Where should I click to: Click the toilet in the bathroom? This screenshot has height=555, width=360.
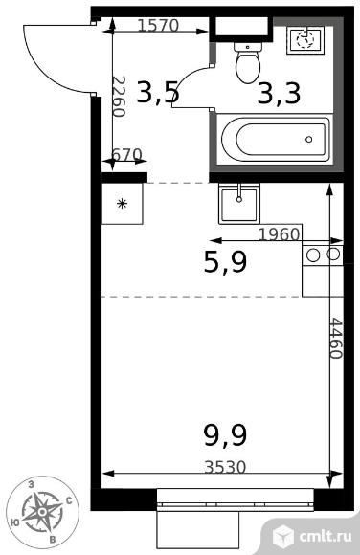click(248, 62)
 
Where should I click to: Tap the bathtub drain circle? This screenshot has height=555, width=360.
click(309, 139)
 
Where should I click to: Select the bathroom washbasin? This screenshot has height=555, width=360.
click(305, 40)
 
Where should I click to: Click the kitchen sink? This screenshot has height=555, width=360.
click(239, 205)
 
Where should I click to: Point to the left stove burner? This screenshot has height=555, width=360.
click(313, 255)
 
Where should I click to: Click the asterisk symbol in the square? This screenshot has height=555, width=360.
click(123, 204)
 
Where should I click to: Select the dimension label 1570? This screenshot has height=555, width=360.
click(158, 26)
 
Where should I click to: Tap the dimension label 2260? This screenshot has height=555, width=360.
click(119, 97)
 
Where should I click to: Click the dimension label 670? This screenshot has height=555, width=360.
click(126, 154)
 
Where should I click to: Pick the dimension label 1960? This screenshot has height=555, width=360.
click(280, 234)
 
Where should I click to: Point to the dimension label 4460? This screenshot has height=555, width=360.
click(335, 339)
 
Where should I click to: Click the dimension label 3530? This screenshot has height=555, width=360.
click(225, 467)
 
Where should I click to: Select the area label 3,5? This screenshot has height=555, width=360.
click(158, 93)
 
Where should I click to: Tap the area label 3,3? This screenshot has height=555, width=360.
click(280, 94)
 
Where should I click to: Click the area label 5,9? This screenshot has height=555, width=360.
click(225, 262)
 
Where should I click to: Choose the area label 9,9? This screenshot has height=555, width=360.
click(225, 435)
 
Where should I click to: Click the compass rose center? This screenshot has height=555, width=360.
click(42, 512)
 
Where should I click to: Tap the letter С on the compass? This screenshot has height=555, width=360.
click(70, 500)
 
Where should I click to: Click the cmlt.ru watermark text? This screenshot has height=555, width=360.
click(326, 536)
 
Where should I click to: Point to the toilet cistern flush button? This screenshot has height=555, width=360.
click(247, 47)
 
